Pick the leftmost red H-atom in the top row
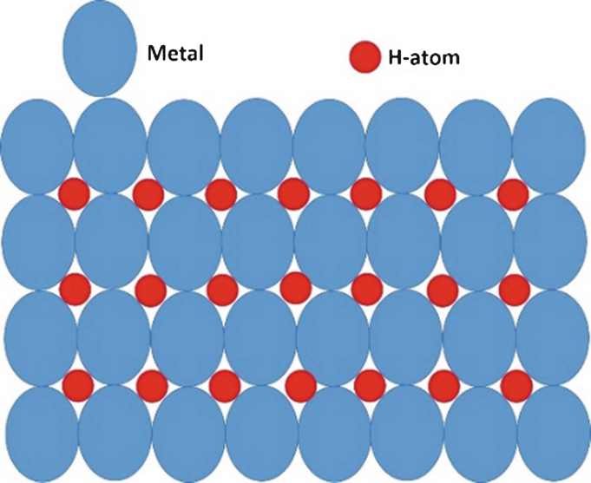(75, 193)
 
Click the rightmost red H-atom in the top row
(514, 193)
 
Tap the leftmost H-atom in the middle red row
(75, 287)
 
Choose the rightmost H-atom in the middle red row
(514, 287)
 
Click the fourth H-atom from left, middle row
(295, 285)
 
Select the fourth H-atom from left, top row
(295, 193)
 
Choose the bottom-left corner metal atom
(36, 434)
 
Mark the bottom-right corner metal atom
(548, 434)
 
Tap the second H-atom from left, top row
(148, 193)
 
